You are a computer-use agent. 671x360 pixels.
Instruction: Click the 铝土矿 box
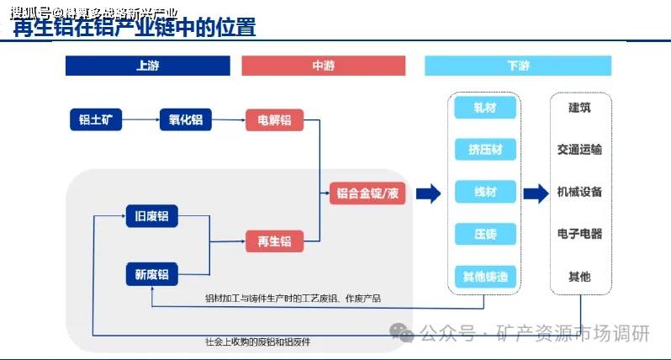[96, 120]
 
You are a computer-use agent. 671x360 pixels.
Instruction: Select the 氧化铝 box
[186, 120]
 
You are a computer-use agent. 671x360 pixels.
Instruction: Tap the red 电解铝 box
[274, 120]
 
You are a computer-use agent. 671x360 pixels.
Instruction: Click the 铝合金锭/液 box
[367, 193]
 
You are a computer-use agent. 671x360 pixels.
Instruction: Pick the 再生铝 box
[274, 241]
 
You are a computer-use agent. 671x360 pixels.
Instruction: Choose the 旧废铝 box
[152, 216]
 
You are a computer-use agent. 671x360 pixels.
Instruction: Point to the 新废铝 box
[152, 274]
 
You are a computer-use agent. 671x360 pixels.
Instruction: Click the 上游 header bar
[148, 66]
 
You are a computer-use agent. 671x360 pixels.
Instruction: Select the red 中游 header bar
[323, 66]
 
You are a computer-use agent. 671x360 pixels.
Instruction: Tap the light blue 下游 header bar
[517, 66]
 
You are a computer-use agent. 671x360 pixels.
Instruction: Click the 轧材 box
[485, 109]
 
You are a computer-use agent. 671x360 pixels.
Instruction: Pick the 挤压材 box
[485, 151]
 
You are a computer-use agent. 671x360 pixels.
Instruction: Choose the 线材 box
[485, 193]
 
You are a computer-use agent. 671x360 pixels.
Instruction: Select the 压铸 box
[485, 234]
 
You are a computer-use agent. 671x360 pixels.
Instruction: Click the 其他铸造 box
[485, 276]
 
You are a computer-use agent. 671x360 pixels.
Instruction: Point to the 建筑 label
[579, 108]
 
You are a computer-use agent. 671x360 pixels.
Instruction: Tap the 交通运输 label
[579, 150]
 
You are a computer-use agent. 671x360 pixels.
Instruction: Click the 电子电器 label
[579, 234]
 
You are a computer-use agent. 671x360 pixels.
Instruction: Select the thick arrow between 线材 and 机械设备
[536, 194]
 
